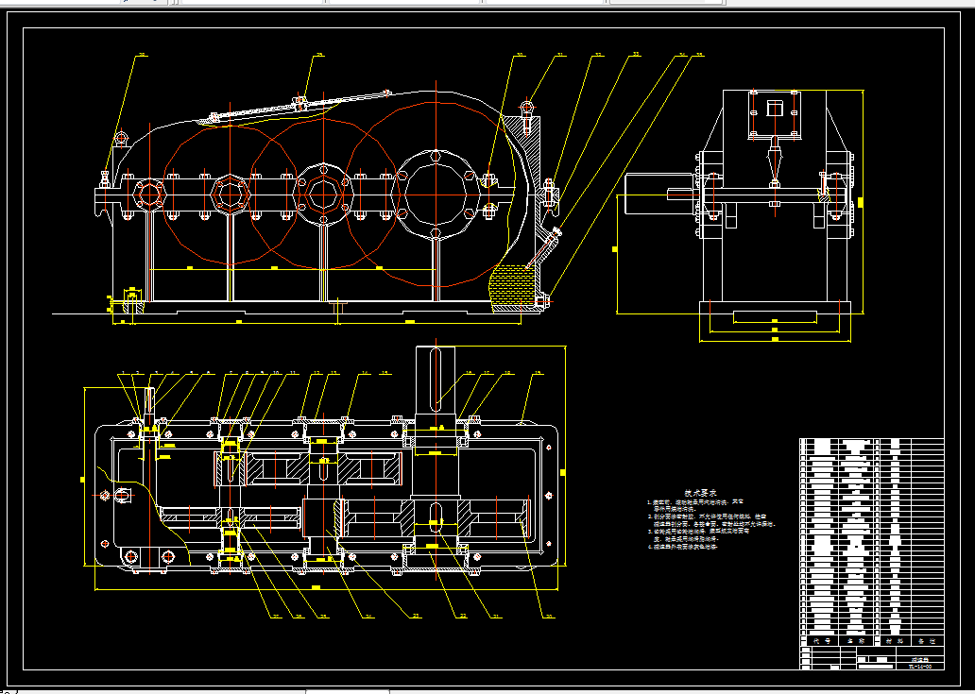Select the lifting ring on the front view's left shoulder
120,140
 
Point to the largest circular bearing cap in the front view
435,194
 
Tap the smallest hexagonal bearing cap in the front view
149,195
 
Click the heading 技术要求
700,493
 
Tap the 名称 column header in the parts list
856,640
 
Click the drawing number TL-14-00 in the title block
919,666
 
